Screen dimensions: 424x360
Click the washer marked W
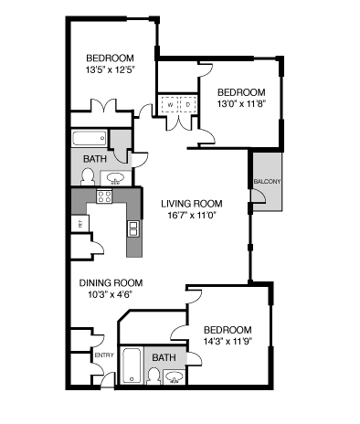tap(170, 105)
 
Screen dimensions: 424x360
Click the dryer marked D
tap(188, 105)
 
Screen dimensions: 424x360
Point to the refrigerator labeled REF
tap(81, 223)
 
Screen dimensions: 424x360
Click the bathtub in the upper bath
tap(90, 140)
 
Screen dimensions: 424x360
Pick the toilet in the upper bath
tap(88, 176)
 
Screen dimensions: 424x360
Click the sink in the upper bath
tap(116, 177)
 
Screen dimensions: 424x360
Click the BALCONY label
tap(267, 181)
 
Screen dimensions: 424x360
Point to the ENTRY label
tap(103, 355)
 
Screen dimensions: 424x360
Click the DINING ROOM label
tap(108, 282)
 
